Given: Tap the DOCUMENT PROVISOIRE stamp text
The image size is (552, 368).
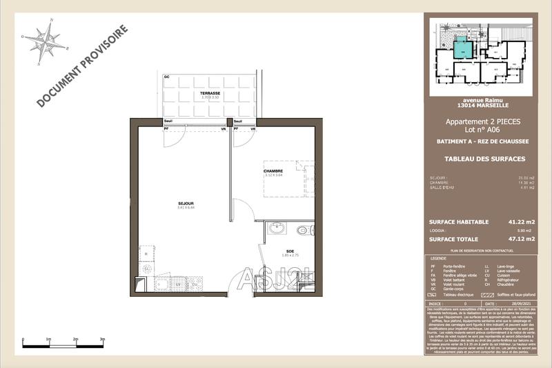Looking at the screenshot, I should [x=81, y=67].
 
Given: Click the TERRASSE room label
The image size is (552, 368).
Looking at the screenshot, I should [x=210, y=93].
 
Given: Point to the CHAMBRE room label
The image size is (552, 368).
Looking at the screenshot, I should [x=275, y=171].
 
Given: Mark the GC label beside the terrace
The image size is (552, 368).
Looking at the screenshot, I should [x=167, y=77].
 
